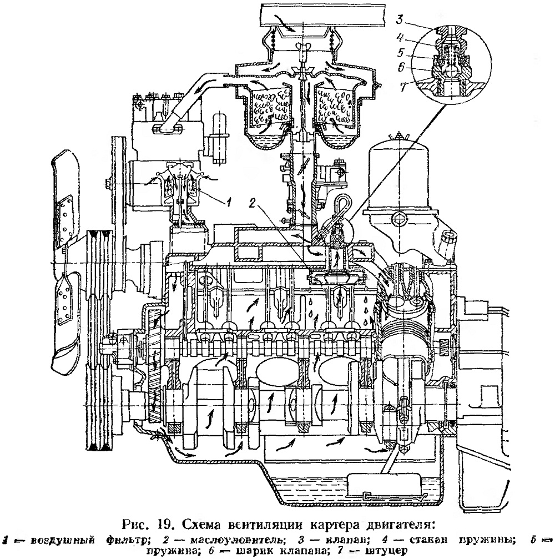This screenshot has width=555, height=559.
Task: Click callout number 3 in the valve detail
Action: point(400,19)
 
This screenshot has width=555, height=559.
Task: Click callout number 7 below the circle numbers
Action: point(403,87)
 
